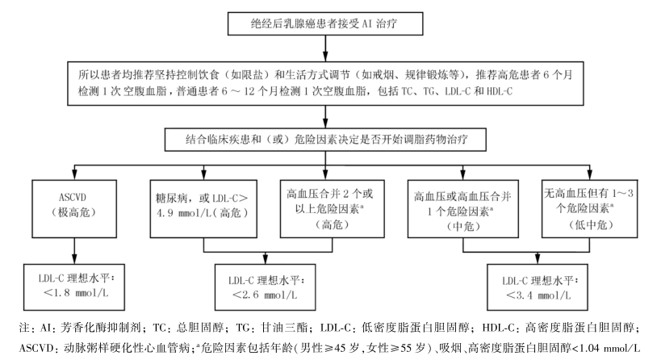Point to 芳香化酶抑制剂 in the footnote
pyautogui.click(x=86, y=329)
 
